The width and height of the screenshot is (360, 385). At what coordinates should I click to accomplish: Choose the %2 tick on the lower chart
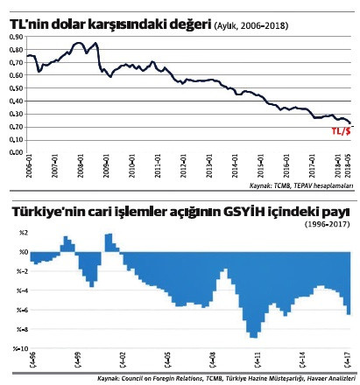14,232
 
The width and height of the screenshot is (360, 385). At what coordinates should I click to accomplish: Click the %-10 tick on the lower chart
12,347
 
